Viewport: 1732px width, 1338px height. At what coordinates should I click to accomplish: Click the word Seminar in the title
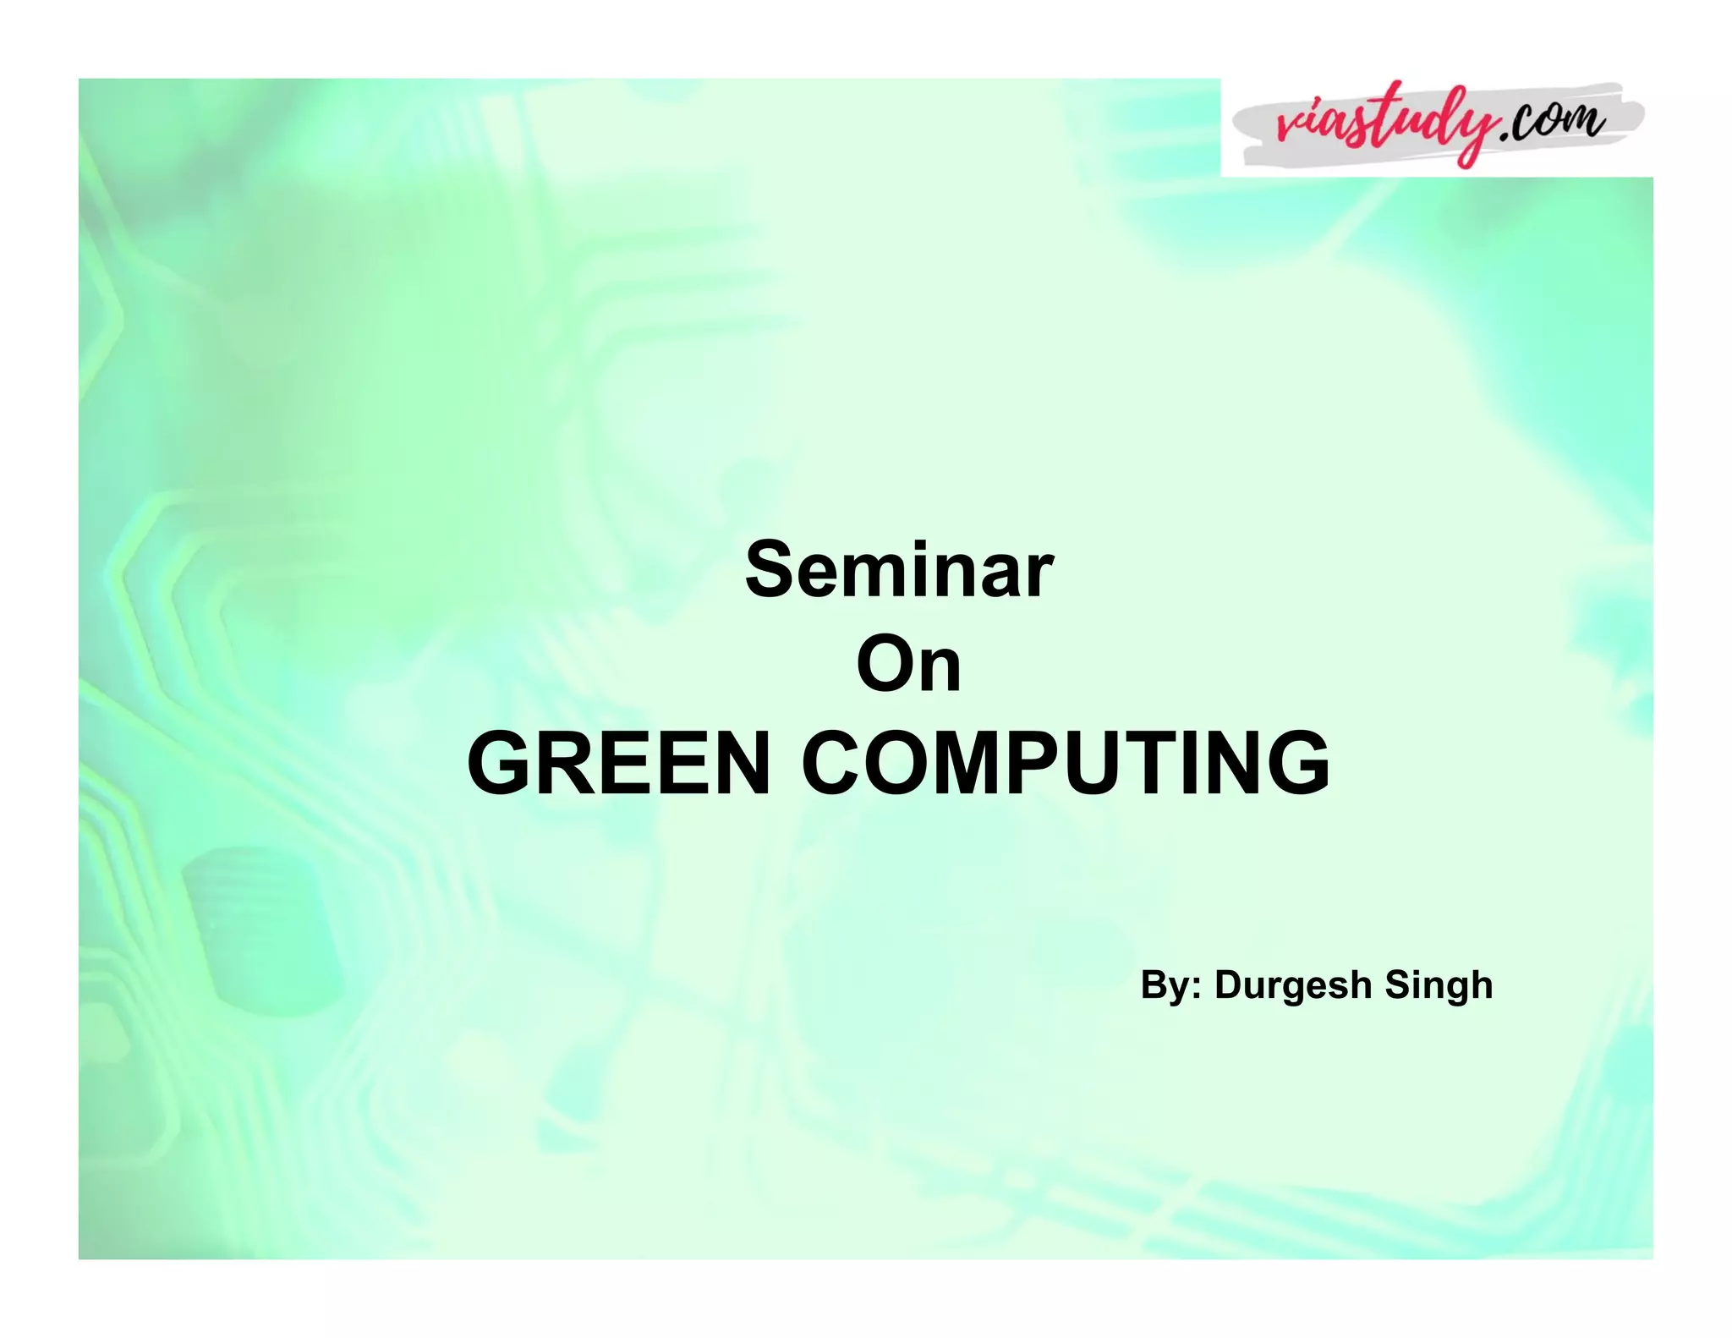click(899, 570)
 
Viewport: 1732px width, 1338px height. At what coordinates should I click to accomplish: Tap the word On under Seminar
click(908, 665)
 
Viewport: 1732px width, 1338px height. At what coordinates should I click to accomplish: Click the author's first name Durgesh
click(1293, 985)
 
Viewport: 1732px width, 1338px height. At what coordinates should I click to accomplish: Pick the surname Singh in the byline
click(1439, 985)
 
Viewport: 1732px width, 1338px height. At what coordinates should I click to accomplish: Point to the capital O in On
click(885, 665)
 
